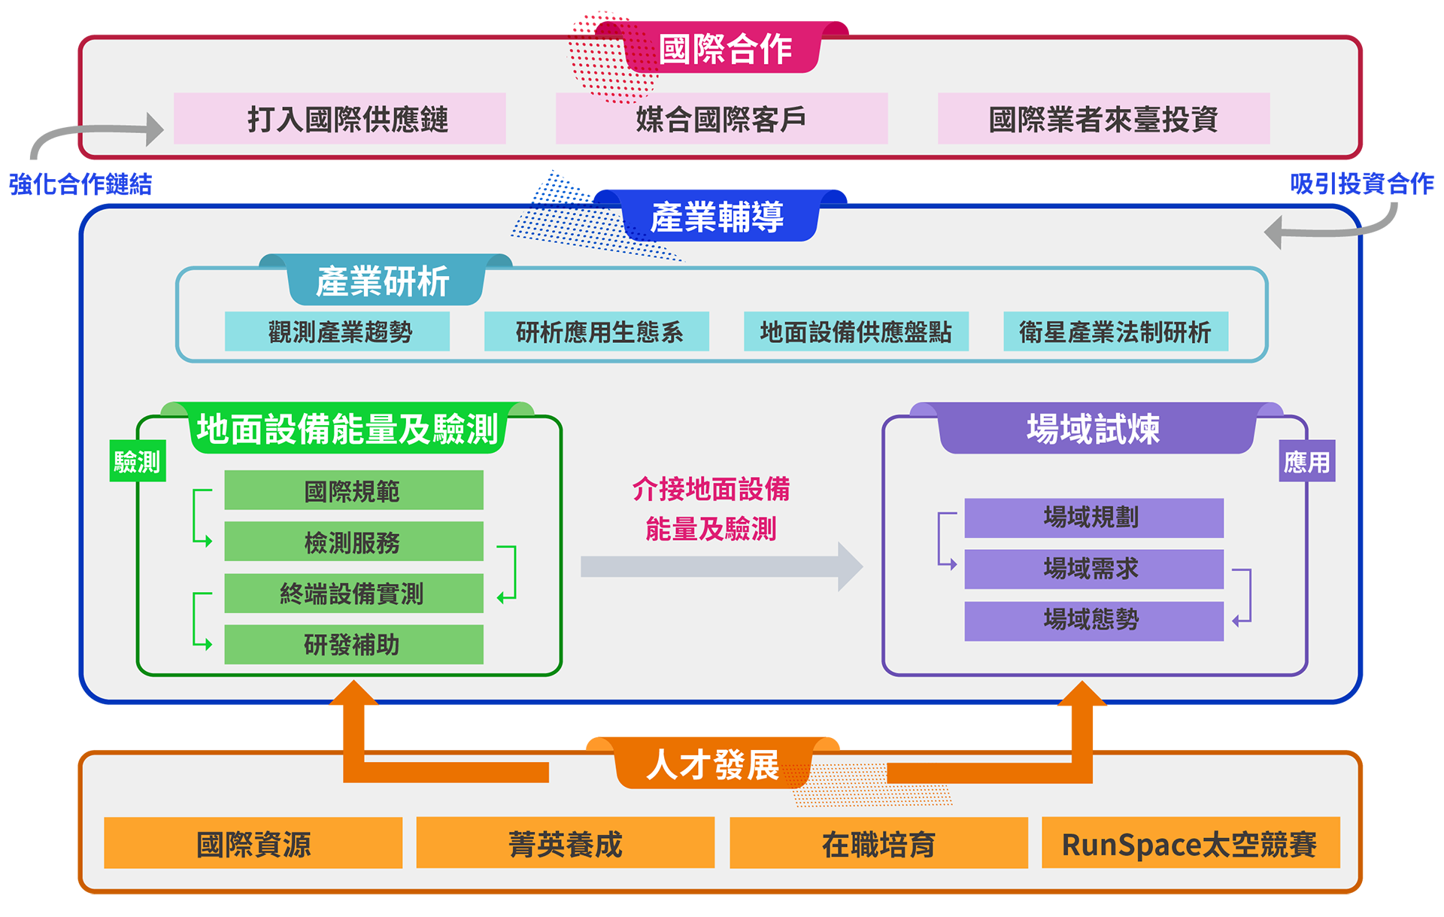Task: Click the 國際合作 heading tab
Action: click(724, 50)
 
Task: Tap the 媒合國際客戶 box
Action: click(721, 119)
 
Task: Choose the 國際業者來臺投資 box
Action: click(1103, 119)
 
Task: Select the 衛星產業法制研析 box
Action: click(1115, 332)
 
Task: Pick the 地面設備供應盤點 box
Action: click(856, 332)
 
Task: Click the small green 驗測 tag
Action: click(137, 461)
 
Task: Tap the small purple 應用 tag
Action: click(1306, 461)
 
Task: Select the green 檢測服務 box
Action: click(353, 542)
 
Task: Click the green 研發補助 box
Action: click(353, 645)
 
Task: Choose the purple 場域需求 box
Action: click(1094, 569)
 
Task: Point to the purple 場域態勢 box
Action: click(1094, 621)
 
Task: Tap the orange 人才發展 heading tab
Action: click(713, 764)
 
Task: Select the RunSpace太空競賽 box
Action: click(1190, 843)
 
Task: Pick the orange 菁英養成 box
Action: click(565, 843)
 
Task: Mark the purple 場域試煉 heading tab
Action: click(1095, 429)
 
